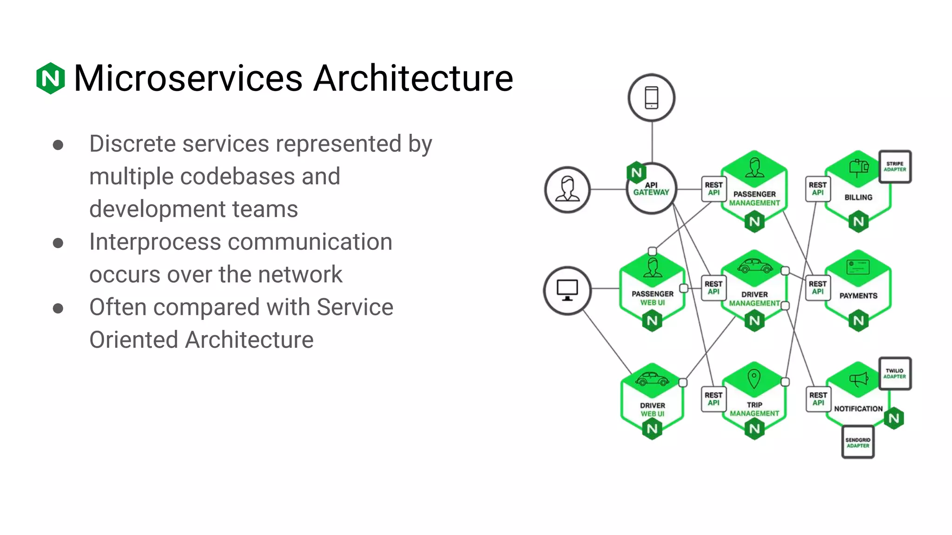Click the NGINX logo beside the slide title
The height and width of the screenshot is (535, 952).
[50, 78]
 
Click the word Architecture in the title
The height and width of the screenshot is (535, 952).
[413, 78]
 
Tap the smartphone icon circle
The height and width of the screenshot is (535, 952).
[651, 98]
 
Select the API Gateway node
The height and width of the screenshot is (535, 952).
[651, 189]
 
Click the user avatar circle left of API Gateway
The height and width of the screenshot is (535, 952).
[567, 189]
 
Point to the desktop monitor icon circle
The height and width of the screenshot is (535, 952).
[567, 290]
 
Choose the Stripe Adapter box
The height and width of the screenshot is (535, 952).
[894, 166]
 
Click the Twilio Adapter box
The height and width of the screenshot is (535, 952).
[894, 373]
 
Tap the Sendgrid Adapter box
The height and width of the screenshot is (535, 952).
[858, 443]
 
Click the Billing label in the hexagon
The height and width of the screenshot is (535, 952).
[858, 197]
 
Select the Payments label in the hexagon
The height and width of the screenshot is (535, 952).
[858, 296]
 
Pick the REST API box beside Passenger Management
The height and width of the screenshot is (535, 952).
[714, 189]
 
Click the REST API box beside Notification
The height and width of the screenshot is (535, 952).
[818, 399]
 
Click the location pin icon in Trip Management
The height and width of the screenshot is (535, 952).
[754, 378]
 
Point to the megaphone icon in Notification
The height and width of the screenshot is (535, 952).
[859, 379]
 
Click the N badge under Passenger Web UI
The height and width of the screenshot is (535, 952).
[652, 320]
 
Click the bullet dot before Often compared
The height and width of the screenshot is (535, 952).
[58, 308]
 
